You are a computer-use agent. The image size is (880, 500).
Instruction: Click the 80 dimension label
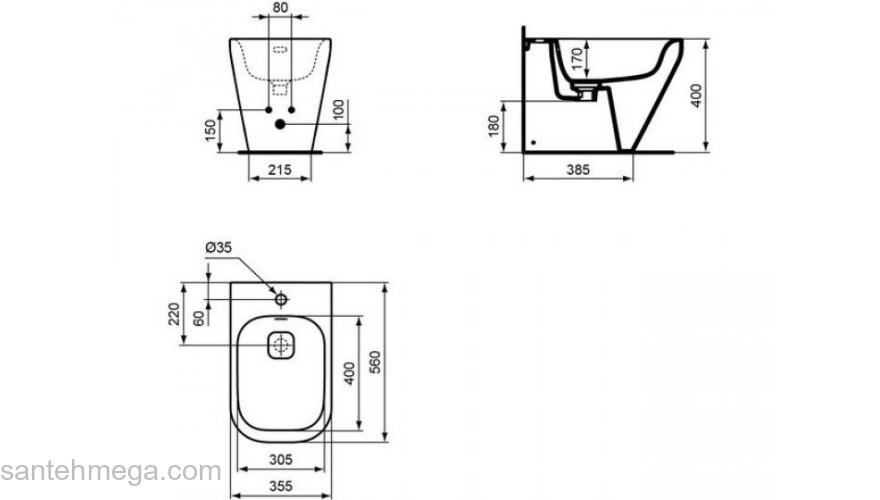pos(279,7)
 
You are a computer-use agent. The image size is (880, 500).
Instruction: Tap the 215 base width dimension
pos(279,169)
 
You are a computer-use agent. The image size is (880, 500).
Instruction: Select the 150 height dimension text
pos(210,130)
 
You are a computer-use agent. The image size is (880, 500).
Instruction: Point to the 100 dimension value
pos(338,110)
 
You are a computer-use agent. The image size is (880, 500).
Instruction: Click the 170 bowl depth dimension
pos(577,58)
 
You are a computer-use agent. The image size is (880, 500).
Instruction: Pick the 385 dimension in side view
pos(578,169)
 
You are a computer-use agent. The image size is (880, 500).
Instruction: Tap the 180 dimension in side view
pos(494,126)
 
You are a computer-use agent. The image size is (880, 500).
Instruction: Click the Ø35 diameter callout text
pos(218,247)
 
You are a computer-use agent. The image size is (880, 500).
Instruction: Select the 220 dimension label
pos(174,314)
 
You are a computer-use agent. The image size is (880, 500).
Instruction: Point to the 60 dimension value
pos(199,318)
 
